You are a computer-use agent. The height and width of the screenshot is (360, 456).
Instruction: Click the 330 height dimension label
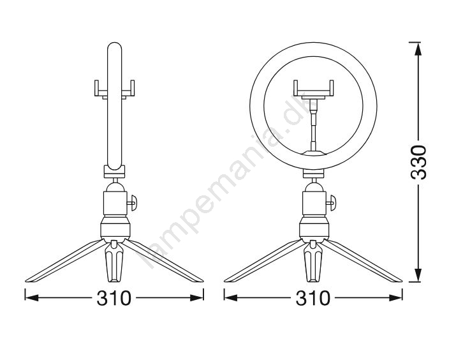[418, 162]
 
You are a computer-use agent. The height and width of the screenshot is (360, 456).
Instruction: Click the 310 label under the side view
[114, 298]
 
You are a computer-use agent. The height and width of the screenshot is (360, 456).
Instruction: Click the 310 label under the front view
[313, 298]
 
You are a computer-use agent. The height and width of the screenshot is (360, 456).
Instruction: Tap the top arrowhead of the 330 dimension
[418, 49]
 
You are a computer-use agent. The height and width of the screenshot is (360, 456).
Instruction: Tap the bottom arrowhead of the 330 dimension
[418, 275]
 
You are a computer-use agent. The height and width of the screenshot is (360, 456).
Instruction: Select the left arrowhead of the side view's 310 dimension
[32, 297]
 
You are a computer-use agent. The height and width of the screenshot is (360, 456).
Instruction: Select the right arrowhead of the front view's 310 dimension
[396, 297]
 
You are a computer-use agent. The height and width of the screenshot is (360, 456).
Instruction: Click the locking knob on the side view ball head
[132, 202]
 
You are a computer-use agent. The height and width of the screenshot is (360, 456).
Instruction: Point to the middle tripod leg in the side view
[114, 261]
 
